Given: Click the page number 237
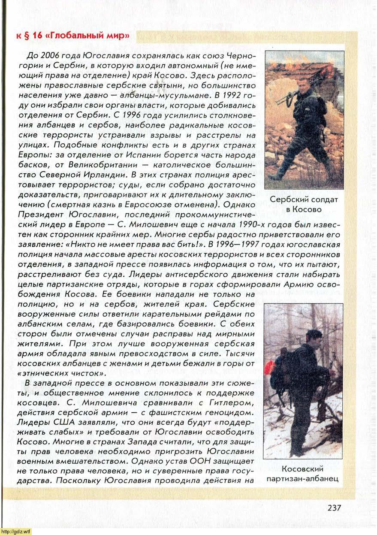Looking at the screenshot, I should click(334, 508).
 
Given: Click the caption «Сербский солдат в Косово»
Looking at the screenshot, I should click(304, 204).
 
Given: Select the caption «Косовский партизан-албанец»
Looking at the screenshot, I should click(303, 473).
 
